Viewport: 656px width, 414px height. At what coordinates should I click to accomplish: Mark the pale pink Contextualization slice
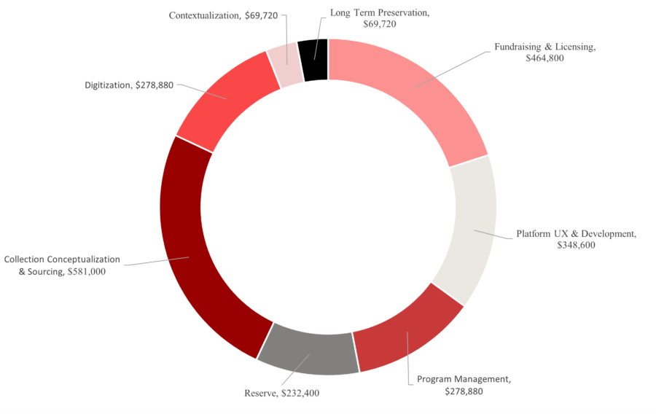(x=287, y=64)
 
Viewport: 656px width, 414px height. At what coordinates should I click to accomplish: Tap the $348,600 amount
(x=576, y=246)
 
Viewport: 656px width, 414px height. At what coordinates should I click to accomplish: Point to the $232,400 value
(x=300, y=394)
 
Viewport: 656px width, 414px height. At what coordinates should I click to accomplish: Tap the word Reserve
(x=260, y=394)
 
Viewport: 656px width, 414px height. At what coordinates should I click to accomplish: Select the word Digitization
(x=108, y=85)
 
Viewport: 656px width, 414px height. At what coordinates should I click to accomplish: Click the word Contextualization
(x=203, y=15)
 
